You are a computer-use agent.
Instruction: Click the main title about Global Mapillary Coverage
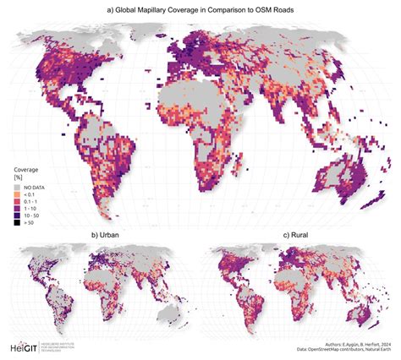pos(200,10)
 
